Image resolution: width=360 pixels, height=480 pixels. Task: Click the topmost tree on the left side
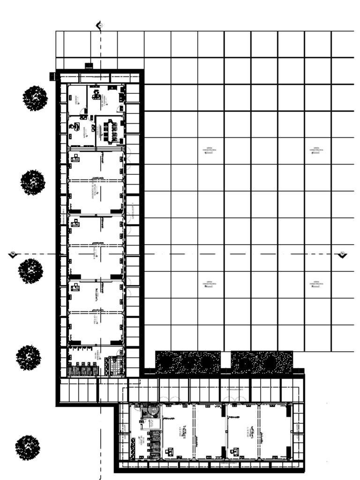click(x=35, y=98)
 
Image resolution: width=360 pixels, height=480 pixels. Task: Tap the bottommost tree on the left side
click(x=28, y=447)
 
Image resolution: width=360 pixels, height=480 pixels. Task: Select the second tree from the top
click(x=33, y=182)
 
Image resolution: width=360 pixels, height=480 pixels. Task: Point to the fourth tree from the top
click(x=29, y=358)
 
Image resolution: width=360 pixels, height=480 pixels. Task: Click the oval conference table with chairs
click(x=111, y=131)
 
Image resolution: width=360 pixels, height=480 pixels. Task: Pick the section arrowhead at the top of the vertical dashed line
click(x=99, y=25)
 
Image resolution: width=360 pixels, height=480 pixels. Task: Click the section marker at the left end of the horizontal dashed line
click(x=13, y=254)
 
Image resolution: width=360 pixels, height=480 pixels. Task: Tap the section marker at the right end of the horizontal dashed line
click(x=343, y=254)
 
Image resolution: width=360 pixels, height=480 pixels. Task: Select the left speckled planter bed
click(x=188, y=362)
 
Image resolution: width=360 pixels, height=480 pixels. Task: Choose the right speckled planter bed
click(x=262, y=362)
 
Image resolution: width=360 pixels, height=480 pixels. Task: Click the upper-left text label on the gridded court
click(x=210, y=150)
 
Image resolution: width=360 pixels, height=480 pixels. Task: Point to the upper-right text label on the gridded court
click(x=316, y=150)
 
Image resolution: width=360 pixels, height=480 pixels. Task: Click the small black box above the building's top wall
click(x=89, y=66)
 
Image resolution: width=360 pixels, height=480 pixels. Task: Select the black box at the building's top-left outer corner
click(x=52, y=75)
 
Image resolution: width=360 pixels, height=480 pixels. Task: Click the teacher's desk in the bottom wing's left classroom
click(x=169, y=452)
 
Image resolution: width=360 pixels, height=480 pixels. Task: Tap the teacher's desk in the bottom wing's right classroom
click(x=234, y=452)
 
